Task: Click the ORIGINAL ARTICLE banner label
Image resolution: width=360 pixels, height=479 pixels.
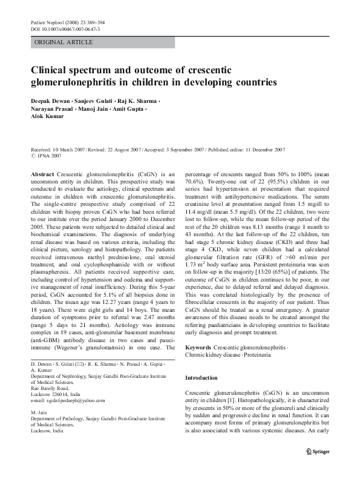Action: pyautogui.click(x=64, y=42)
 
